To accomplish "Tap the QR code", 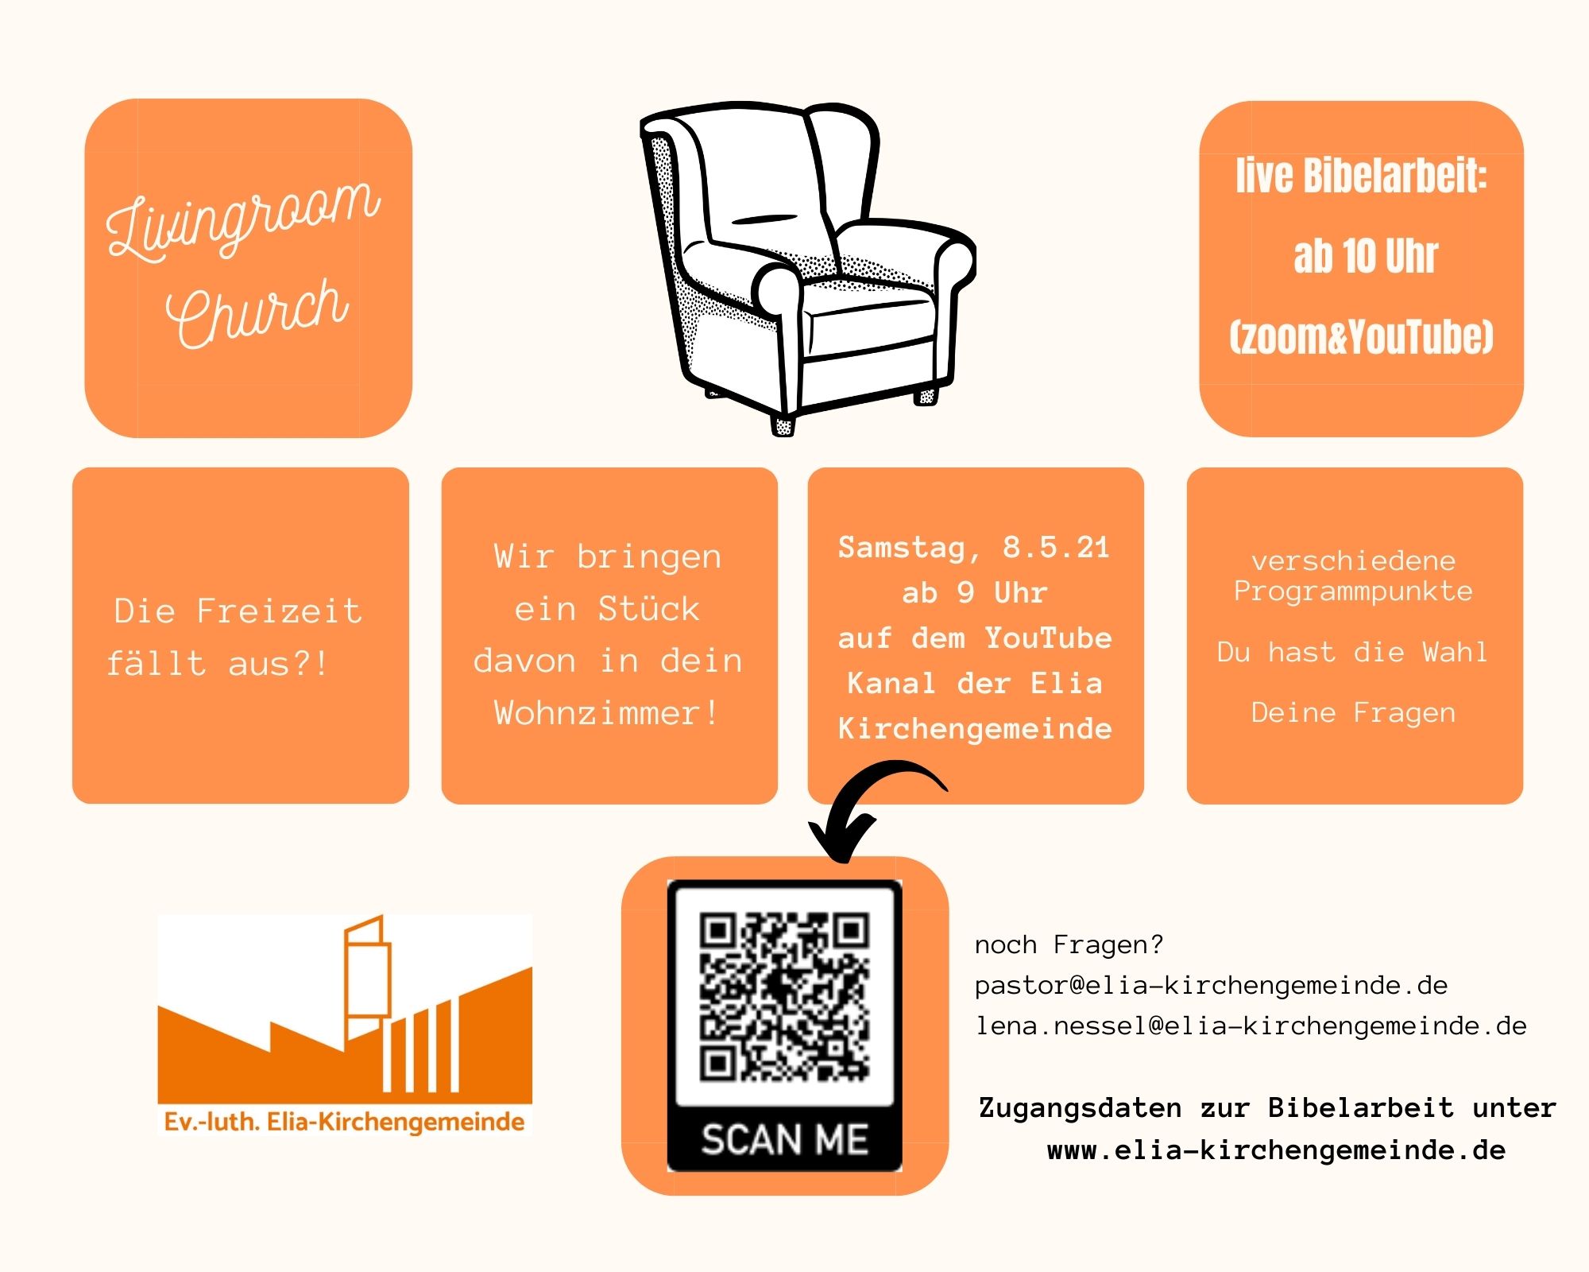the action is pos(784,997).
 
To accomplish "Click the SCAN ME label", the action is pos(784,1139).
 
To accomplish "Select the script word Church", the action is pos(257,312).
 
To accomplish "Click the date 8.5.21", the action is pos(1056,547).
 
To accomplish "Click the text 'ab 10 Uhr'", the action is pos(1365,256).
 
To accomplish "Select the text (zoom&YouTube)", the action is pos(1362,337).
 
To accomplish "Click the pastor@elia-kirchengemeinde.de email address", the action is pos(1212,986).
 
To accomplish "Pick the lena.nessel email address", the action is pos(1251,1026).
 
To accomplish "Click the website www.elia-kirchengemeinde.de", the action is pos(1276,1150).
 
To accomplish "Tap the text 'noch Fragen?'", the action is pos(1069,944).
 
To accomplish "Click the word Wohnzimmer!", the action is pos(607,713).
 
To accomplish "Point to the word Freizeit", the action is pos(279,611).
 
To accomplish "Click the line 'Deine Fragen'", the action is pos(1353,713).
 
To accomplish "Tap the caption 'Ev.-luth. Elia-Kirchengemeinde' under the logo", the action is pos(344,1123).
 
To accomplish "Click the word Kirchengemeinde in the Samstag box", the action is pos(975,729).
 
